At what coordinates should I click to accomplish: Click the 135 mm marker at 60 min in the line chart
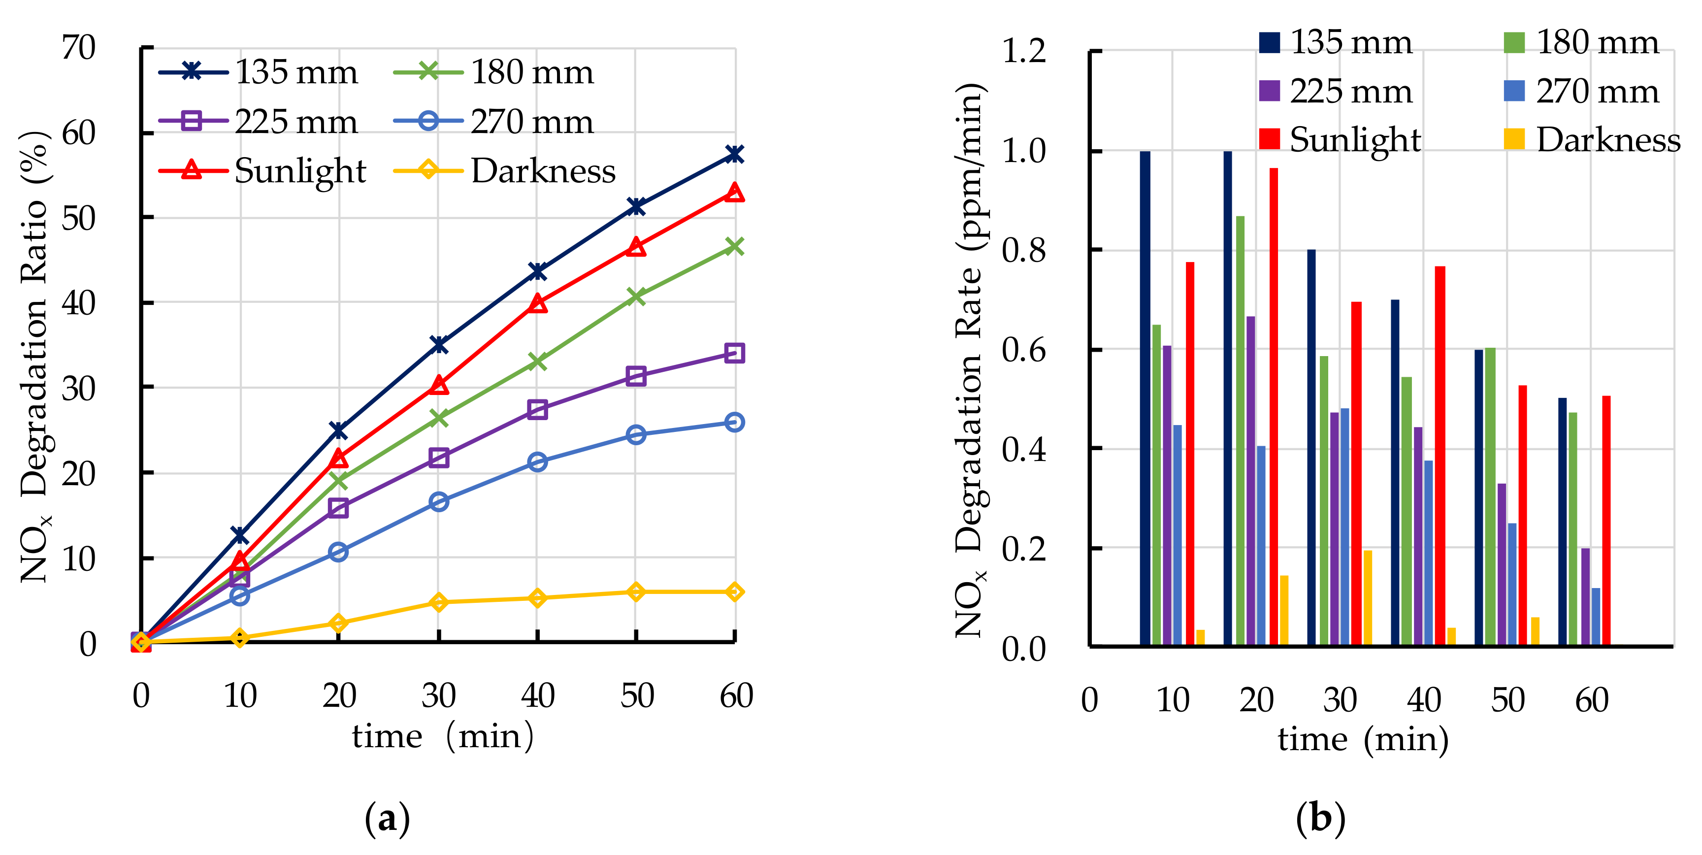pyautogui.click(x=734, y=155)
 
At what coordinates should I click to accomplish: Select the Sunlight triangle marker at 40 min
pyautogui.click(x=537, y=304)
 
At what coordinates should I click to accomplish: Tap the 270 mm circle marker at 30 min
pyautogui.click(x=439, y=501)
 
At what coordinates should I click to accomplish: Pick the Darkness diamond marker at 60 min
pyautogui.click(x=734, y=592)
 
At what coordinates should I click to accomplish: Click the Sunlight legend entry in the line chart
pyautogui.click(x=264, y=171)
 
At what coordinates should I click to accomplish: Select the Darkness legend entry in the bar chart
pyautogui.click(x=1592, y=139)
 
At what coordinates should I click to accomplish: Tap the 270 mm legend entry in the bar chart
pyautogui.click(x=1582, y=91)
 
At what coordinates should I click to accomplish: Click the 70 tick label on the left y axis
pyautogui.click(x=79, y=48)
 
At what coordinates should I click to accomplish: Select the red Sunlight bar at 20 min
pyautogui.click(x=1273, y=406)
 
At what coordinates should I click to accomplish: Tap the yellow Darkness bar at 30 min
pyautogui.click(x=1368, y=598)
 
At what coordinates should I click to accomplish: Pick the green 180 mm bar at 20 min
pyautogui.click(x=1240, y=429)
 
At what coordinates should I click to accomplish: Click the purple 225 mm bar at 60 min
pyautogui.click(x=1586, y=596)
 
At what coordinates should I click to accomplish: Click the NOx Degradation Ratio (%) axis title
pyautogui.click(x=34, y=357)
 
